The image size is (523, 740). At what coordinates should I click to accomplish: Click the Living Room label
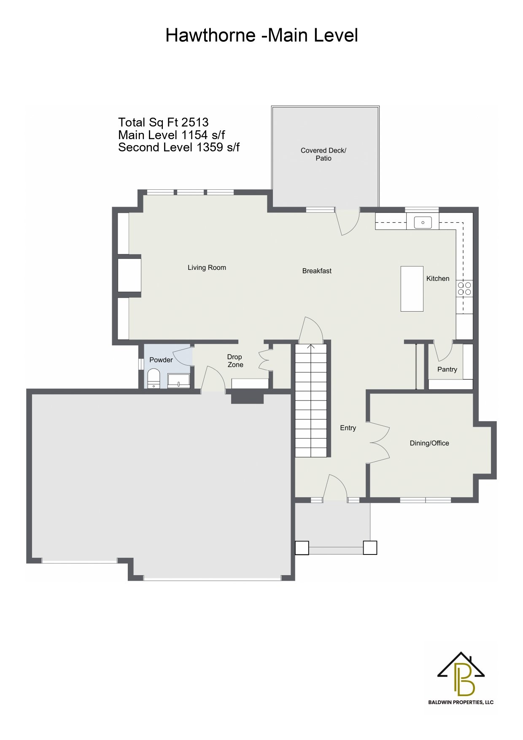[207, 268]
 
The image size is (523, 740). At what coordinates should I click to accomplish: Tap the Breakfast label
[317, 271]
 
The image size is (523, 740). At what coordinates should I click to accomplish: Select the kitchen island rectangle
[412, 289]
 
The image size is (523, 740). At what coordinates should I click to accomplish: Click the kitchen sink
[423, 222]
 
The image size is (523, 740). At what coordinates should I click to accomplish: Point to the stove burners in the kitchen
[464, 289]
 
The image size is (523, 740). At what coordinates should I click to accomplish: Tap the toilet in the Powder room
[154, 379]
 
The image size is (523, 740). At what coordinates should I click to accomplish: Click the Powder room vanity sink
[179, 381]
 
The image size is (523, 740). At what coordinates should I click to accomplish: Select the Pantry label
[447, 369]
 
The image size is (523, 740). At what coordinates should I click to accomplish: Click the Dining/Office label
[429, 443]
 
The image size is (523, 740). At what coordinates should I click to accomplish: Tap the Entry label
[348, 428]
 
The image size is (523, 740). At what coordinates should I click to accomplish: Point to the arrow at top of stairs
[311, 347]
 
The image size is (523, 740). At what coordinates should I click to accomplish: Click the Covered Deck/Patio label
[324, 154]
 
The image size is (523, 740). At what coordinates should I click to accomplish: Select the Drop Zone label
[235, 361]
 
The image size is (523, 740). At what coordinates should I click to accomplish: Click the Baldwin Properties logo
[461, 678]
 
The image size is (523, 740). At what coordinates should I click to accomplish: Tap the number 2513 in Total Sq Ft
[195, 122]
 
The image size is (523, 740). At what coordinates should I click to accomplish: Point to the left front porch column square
[302, 548]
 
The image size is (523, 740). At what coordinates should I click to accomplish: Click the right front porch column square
[370, 548]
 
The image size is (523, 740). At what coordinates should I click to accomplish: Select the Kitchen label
[438, 279]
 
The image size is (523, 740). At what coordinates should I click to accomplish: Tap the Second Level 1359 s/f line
[179, 148]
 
